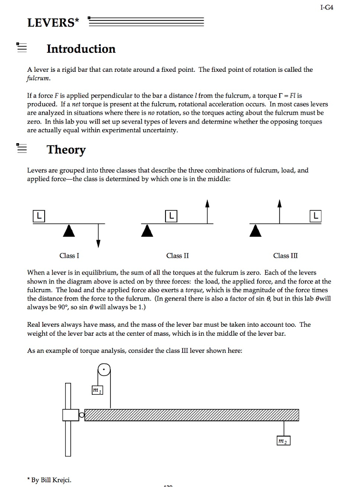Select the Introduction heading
(x=81, y=49)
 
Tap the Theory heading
(x=66, y=150)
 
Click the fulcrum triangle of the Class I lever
(x=69, y=230)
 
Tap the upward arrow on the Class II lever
(x=207, y=211)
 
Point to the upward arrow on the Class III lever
(x=281, y=211)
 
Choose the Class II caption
(x=177, y=256)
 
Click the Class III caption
(x=285, y=256)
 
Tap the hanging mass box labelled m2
(x=283, y=441)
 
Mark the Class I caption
(x=69, y=256)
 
